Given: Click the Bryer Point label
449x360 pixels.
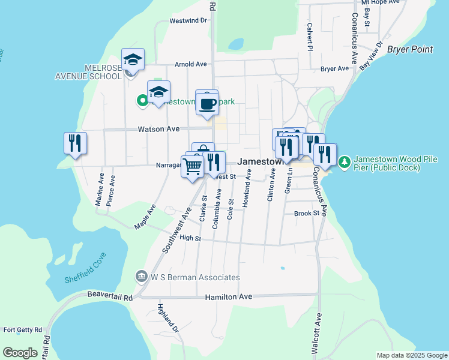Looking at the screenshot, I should [410, 49].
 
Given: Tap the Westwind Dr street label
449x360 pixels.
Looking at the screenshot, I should [188, 20].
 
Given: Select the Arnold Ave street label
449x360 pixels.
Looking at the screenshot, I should [190, 64].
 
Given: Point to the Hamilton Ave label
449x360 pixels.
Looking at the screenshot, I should [229, 297].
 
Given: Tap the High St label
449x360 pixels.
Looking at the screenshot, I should [190, 238].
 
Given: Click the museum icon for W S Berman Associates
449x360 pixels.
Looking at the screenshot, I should [142, 277].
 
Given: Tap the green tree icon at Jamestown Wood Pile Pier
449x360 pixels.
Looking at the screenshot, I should [344, 162].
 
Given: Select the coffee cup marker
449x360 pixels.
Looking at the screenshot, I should [208, 104].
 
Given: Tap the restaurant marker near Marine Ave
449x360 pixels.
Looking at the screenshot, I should [75, 143].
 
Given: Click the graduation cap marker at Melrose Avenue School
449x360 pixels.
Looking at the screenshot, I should [133, 59].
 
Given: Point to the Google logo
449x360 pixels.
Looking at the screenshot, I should [20, 353].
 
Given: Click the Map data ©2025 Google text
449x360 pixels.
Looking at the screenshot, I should [411, 355].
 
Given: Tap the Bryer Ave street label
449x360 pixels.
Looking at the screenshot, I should [334, 69].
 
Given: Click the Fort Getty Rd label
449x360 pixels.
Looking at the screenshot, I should [23, 330].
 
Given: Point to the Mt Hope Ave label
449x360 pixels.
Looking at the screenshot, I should [384, 2].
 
